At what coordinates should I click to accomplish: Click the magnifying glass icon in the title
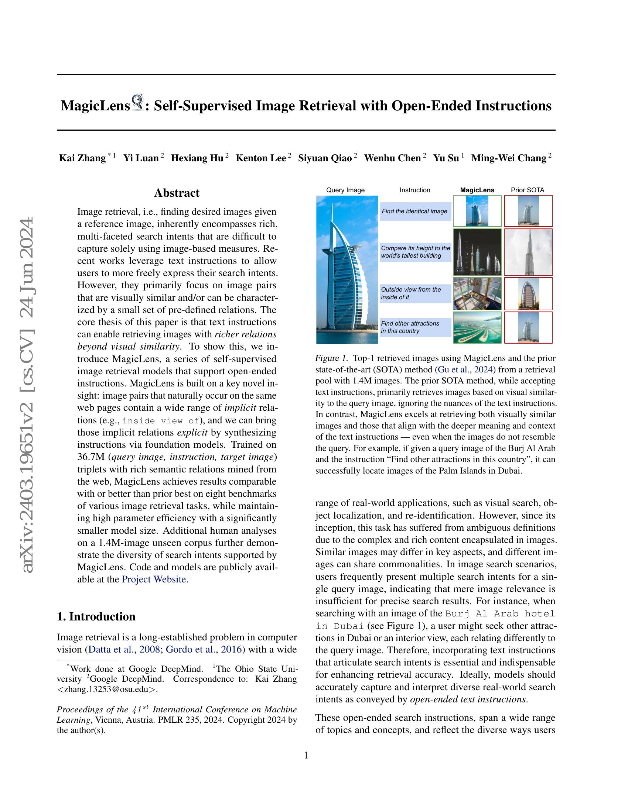[138, 103]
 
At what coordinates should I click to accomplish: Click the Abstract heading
[177, 193]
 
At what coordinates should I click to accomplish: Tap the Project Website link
[154, 579]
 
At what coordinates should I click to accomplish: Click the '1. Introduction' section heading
[96, 616]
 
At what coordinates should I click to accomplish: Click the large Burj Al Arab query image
[347, 269]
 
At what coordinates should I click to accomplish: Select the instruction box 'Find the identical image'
[415, 211]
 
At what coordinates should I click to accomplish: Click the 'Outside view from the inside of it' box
[415, 293]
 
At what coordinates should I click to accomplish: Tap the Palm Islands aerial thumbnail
[477, 327]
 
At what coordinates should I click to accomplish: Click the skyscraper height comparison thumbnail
[477, 252]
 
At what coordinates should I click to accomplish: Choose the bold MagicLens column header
[477, 190]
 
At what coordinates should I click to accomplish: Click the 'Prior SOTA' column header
[527, 190]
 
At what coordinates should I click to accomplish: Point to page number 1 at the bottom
[306, 755]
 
